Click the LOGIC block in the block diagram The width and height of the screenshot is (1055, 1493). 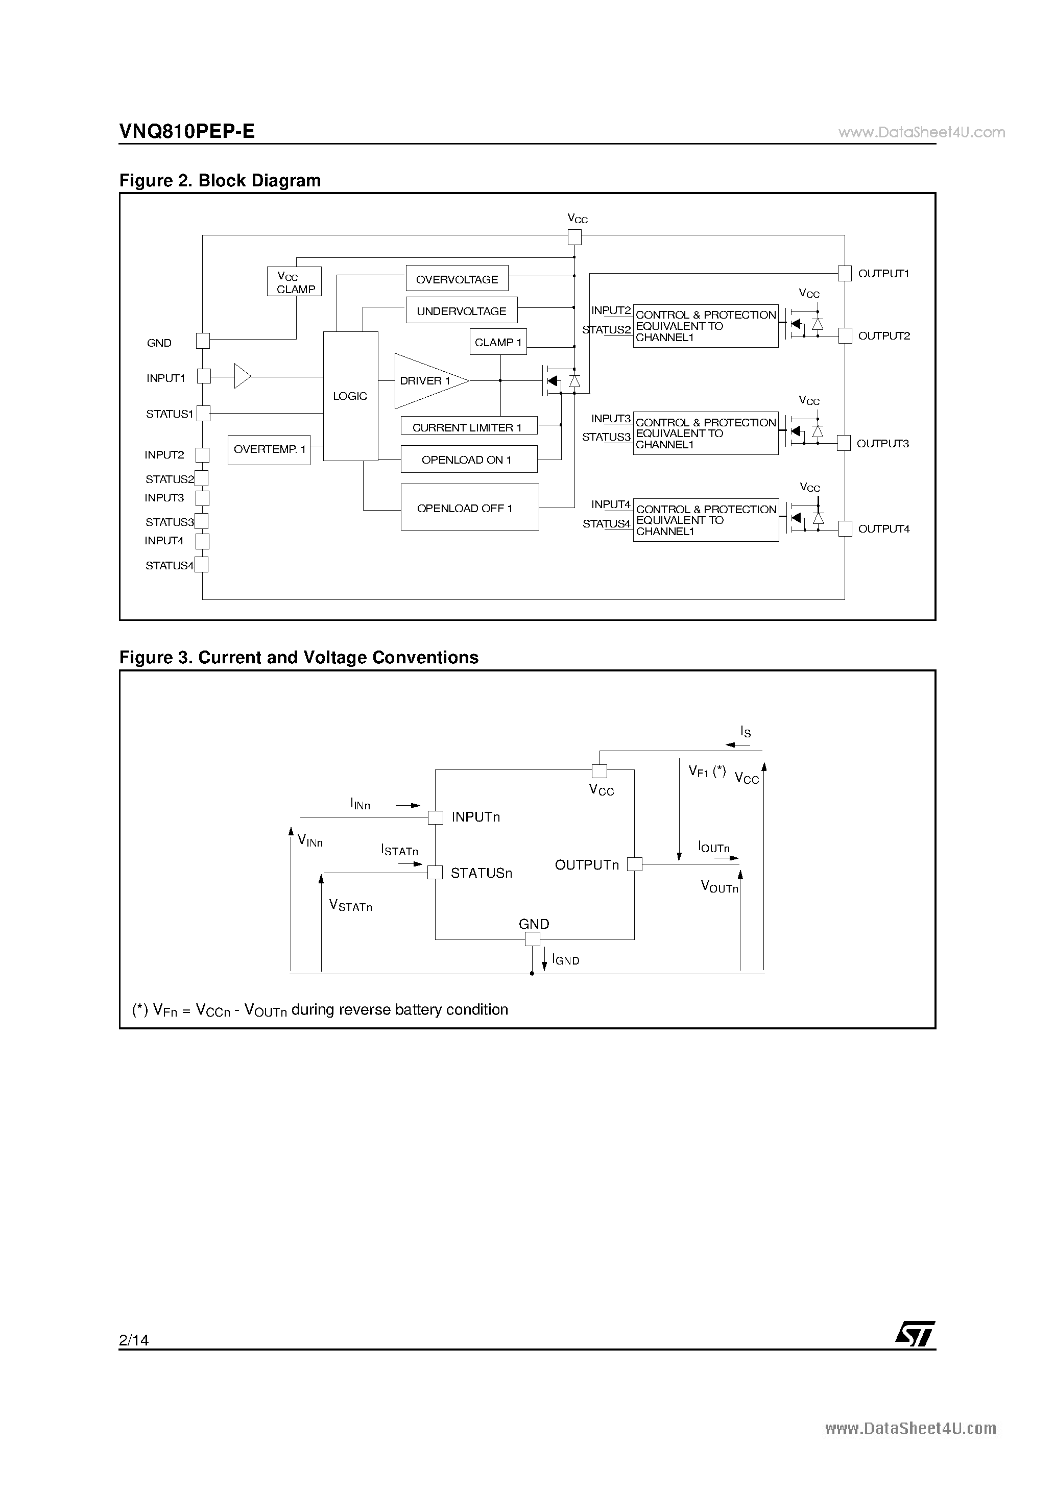(351, 396)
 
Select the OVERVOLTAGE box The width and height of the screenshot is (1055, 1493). (457, 278)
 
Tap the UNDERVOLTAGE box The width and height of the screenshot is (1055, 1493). (461, 310)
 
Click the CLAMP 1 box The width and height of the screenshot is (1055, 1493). (498, 342)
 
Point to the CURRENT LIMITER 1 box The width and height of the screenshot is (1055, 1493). (469, 426)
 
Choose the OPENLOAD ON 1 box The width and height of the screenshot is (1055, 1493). (469, 459)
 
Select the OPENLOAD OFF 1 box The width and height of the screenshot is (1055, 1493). (470, 507)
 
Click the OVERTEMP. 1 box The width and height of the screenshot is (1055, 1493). (269, 450)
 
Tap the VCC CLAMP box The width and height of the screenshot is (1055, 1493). (294, 281)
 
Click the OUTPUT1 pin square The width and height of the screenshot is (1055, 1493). (844, 273)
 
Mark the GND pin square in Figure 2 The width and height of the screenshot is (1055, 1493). (203, 341)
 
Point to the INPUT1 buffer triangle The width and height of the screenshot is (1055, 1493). (243, 376)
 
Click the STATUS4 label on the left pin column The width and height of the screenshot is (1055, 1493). (169, 566)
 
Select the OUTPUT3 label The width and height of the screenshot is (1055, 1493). (882, 444)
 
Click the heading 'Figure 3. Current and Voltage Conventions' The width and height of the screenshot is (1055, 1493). (299, 658)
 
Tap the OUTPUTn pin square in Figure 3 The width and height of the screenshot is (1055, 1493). (634, 864)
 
